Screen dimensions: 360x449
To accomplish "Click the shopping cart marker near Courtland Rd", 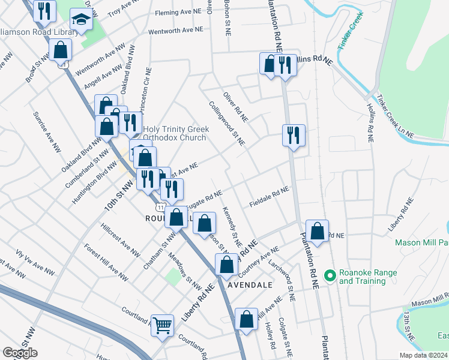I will [x=162, y=325].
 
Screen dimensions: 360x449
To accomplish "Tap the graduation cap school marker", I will [x=80, y=20].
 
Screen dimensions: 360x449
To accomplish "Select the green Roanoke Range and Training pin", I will [x=329, y=277].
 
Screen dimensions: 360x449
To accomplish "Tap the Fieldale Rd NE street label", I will [x=270, y=196].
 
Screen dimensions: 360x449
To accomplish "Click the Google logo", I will [x=20, y=353].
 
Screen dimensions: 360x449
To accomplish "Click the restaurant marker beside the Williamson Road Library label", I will [x=44, y=11].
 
